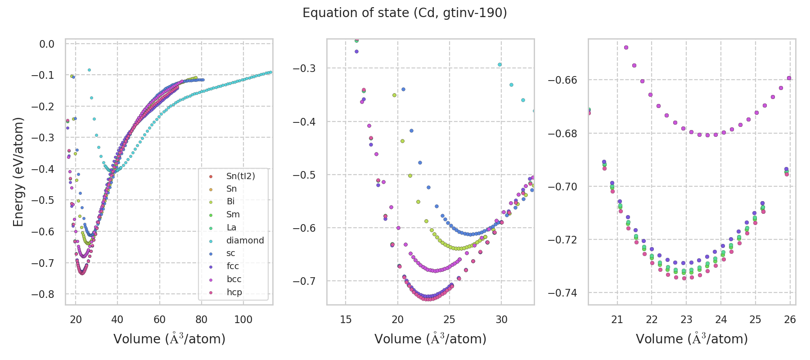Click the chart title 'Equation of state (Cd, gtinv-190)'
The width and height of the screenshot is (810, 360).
point(405,13)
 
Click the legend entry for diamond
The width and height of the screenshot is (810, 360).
point(245,240)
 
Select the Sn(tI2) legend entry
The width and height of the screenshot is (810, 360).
point(240,176)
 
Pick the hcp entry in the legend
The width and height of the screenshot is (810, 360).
point(234,292)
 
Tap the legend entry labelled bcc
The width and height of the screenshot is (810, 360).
point(234,279)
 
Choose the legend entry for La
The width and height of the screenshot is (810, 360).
point(231,227)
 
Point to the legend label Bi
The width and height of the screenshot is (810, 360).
point(230,201)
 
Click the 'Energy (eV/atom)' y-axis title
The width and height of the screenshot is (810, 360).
point(18,171)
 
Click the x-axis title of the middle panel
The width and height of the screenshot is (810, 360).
point(430,339)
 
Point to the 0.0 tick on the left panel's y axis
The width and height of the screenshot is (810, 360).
point(47,44)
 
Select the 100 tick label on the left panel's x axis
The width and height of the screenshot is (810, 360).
point(243,320)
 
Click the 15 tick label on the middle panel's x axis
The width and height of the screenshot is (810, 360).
point(346,320)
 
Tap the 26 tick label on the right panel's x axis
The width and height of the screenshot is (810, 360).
point(790,320)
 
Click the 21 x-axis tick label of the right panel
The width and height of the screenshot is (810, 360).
point(617,320)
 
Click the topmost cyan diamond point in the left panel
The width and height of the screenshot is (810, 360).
point(89,70)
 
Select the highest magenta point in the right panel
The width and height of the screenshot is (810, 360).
point(626,47)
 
